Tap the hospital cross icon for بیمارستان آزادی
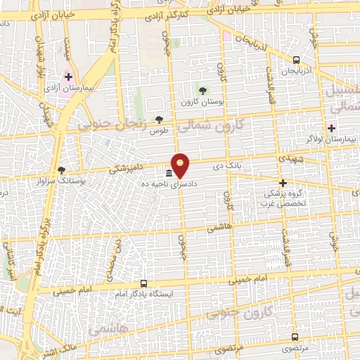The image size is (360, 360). [68, 77]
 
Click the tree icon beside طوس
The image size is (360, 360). [160, 120]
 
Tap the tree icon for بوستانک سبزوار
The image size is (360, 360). [61, 169]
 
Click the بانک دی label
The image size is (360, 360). [229, 167]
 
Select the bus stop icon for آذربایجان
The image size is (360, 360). [296, 60]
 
